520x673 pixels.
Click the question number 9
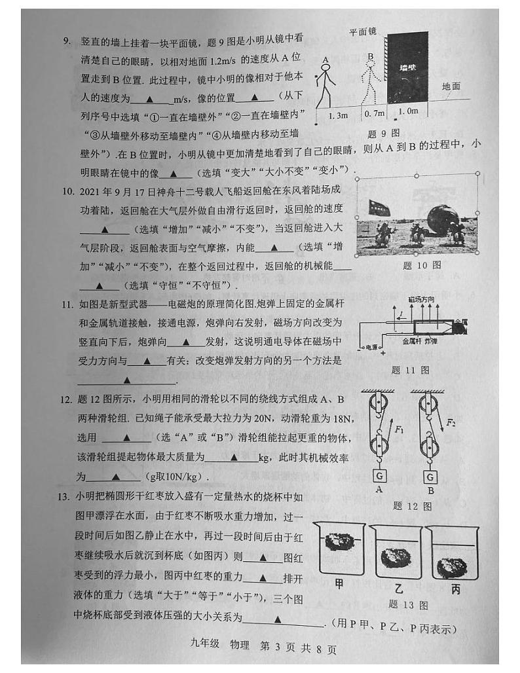point(67,41)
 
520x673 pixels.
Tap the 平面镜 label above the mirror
point(362,30)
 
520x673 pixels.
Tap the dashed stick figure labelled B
point(371,83)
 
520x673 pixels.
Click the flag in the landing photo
point(379,207)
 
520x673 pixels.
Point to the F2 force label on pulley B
point(451,423)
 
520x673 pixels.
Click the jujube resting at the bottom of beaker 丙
point(451,566)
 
